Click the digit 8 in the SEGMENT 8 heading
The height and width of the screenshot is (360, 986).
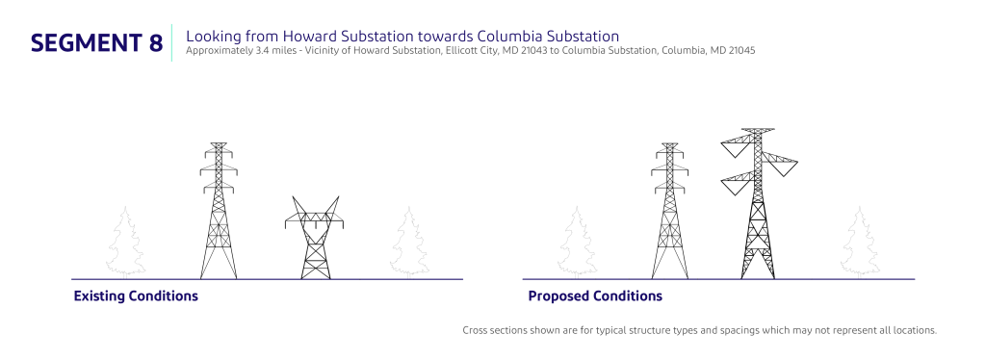point(155,42)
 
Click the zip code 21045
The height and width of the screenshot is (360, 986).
point(742,51)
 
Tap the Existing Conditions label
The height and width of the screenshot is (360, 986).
point(136,296)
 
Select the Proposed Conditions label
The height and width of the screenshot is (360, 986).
point(595,296)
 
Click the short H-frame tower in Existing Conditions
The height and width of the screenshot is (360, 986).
point(315,238)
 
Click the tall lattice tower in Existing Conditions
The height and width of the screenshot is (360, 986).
point(219,211)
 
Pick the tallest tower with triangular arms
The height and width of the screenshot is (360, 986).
point(759,203)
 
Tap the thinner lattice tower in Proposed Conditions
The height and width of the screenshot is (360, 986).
point(670,211)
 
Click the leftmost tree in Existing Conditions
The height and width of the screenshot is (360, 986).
point(125,243)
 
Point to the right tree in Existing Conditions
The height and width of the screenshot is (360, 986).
point(409,243)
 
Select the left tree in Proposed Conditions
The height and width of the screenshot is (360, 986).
point(576,243)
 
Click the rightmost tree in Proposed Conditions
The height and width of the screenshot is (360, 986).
point(860,243)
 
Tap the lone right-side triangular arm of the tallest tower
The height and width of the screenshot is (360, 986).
point(781,164)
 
